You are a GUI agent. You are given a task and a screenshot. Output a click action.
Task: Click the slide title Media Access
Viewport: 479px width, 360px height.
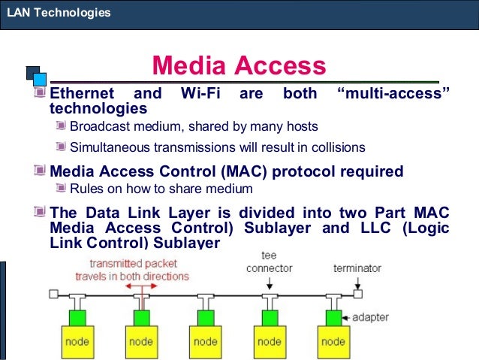(239, 66)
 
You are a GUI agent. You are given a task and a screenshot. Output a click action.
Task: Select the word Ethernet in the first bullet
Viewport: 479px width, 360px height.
(81, 94)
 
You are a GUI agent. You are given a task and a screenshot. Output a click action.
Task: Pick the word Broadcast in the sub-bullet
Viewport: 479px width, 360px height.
(100, 126)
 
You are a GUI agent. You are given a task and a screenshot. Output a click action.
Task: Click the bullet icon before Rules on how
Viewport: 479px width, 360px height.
(62, 188)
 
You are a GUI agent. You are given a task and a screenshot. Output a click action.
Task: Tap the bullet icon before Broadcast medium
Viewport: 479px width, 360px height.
(62, 126)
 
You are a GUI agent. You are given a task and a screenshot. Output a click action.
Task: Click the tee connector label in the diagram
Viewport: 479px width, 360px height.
(269, 262)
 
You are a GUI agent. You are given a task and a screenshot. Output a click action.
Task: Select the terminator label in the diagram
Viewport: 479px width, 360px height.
(357, 268)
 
